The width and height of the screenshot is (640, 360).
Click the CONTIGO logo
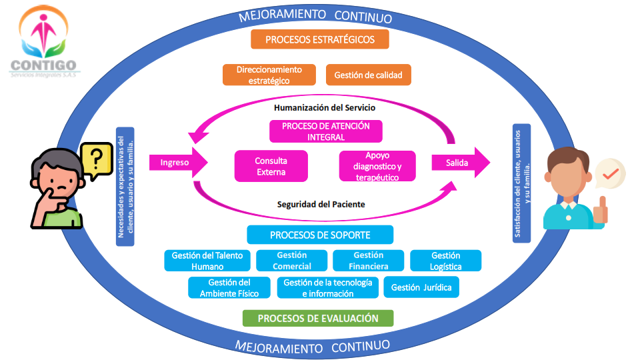pos(43,41)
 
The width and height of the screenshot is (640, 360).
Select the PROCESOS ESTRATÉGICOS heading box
pos(319,39)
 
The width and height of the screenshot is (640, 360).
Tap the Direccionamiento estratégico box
pos(269,75)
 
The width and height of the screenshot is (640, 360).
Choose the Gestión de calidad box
pos(368,75)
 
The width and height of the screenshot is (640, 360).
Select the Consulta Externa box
pos(271,166)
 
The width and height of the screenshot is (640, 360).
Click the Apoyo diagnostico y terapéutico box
pos(377,166)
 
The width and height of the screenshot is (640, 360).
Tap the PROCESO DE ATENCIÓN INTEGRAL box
pos(326,131)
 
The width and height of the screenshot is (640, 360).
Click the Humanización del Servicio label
pos(325,107)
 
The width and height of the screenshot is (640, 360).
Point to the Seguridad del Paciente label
pos(321,204)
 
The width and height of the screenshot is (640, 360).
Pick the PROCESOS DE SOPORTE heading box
pos(320,235)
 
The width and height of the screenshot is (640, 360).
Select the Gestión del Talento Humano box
pos(207,261)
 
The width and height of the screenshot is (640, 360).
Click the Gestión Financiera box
pos(368,261)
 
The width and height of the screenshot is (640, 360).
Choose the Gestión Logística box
pos(445,261)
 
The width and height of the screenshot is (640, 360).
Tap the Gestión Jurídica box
pos(421,287)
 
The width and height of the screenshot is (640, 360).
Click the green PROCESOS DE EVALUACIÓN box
pos(318,318)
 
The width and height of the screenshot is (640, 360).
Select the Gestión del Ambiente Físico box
pos(229,288)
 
